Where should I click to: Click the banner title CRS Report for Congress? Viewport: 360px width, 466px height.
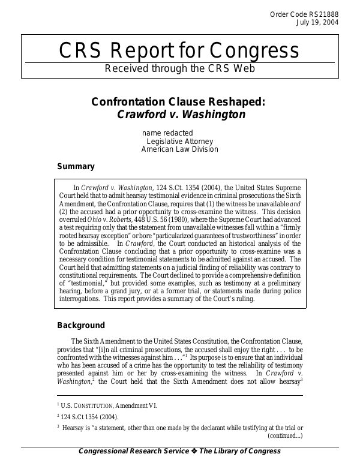[179, 50]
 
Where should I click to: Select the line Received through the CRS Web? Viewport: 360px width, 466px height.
[179, 68]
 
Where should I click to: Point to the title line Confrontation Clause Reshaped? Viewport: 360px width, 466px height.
[178, 101]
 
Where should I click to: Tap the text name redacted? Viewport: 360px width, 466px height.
[167, 133]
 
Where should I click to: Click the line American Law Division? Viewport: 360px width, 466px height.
[180, 149]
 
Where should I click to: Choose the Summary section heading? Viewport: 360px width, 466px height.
[76, 167]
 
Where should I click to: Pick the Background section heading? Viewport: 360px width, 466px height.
[81, 326]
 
